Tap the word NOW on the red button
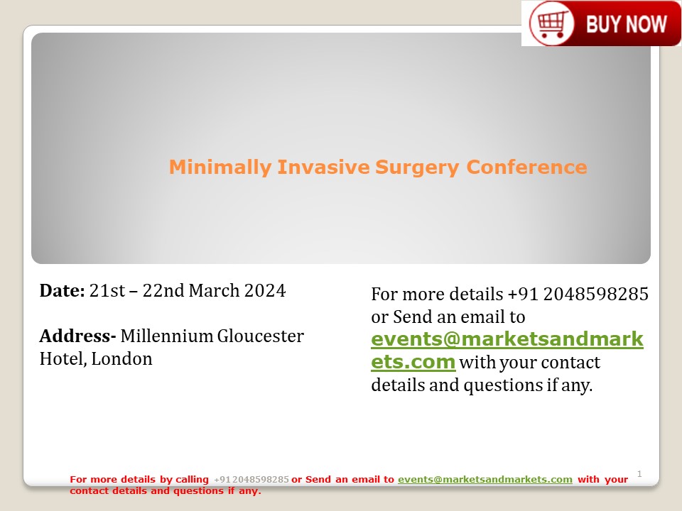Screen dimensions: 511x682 [x=646, y=24]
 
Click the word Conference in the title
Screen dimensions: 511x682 [x=526, y=167]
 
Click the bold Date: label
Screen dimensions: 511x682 [x=62, y=290]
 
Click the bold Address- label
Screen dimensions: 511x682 [x=77, y=336]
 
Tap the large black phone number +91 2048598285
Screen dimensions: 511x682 [x=578, y=294]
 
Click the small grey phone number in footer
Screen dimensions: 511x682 [x=251, y=480]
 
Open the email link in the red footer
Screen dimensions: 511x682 [x=485, y=480]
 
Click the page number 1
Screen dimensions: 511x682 [x=639, y=473]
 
